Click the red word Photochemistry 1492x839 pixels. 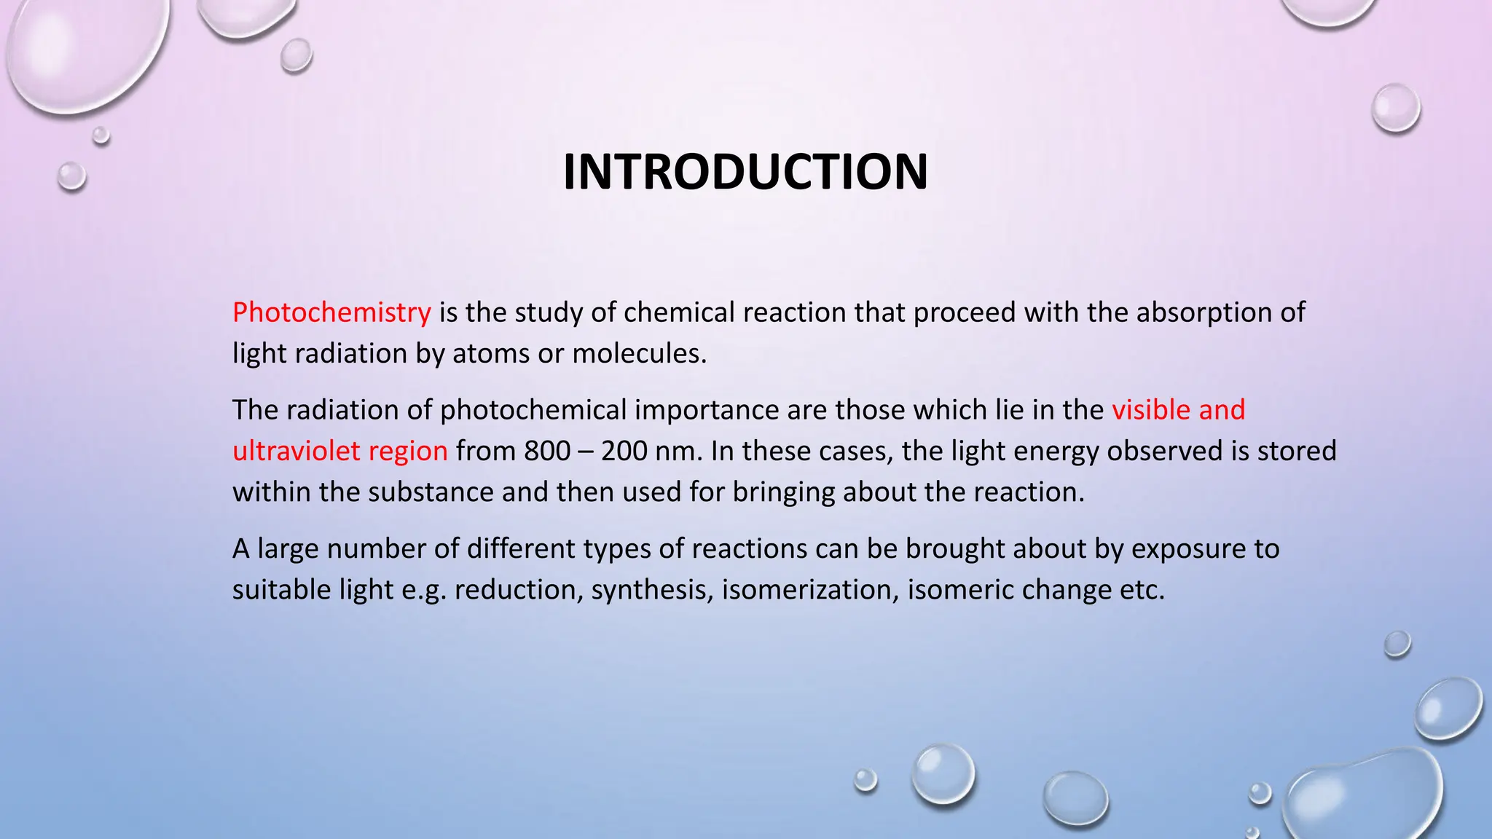[331, 312]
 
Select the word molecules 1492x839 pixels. [639, 354]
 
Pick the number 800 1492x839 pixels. [547, 451]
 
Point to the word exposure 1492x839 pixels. [1188, 548]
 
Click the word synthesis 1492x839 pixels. [652, 589]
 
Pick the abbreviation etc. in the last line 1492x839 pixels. [1142, 589]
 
